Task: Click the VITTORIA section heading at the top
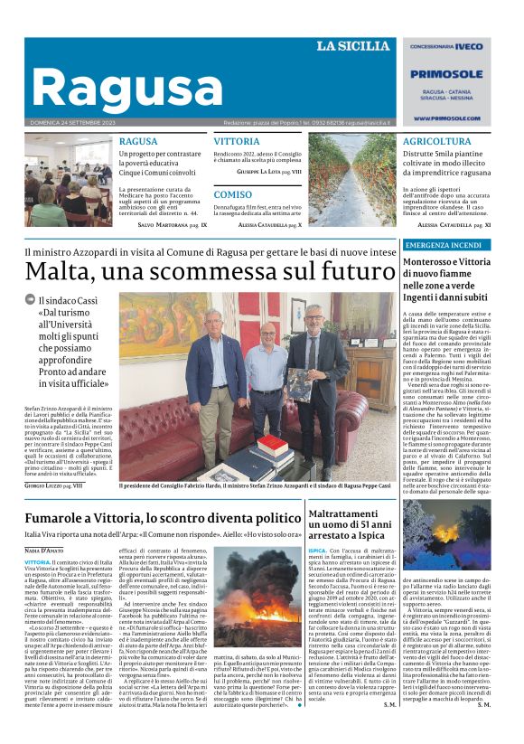point(237,142)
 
